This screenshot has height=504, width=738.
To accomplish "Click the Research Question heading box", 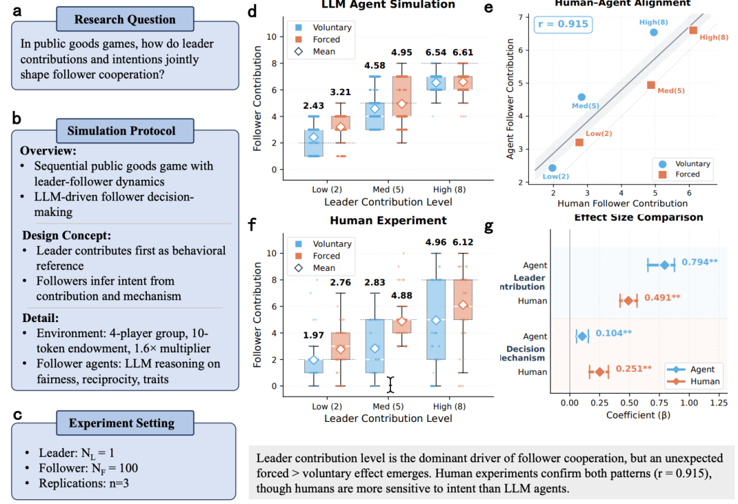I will click(x=125, y=19).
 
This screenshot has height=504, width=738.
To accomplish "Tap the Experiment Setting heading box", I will click(x=122, y=424).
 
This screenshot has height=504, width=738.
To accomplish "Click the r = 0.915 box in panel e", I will click(x=564, y=25).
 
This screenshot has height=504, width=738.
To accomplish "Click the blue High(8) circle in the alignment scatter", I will click(x=653, y=32).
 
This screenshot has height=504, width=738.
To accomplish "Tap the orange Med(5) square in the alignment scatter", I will click(x=651, y=85).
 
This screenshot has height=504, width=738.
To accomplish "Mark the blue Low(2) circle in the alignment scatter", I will click(x=552, y=168).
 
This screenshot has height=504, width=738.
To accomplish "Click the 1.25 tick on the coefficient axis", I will click(x=719, y=403).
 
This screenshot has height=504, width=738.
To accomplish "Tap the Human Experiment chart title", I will click(x=387, y=221).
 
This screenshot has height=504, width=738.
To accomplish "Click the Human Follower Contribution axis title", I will click(x=623, y=203).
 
